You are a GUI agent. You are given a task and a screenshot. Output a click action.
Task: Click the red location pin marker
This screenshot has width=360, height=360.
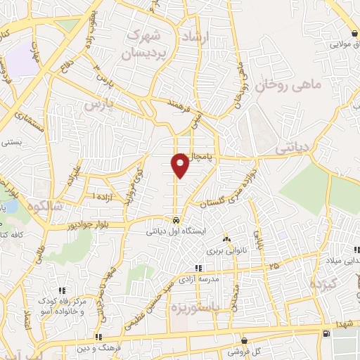(181, 165)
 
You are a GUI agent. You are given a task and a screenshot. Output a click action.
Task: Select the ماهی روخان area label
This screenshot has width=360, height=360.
(287, 86)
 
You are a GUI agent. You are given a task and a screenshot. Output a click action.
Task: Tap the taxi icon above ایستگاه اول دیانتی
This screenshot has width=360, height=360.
(176, 219)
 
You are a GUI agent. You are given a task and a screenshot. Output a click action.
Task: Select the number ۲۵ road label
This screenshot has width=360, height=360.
(273, 266)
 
